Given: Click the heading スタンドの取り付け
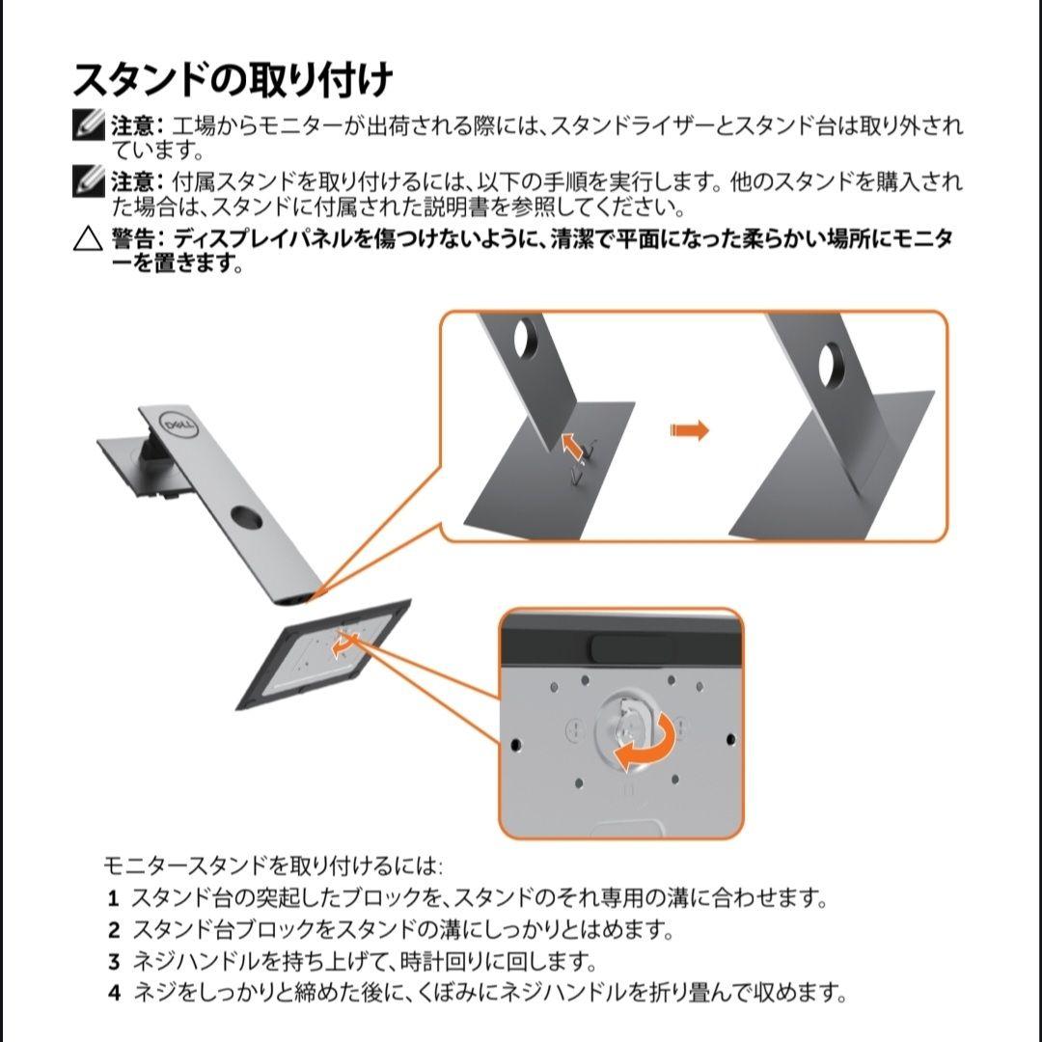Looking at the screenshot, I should [x=233, y=79].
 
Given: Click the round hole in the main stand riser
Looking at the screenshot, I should [x=246, y=518].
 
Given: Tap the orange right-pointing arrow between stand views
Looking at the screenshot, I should [x=689, y=430].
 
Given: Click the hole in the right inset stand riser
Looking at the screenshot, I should [x=833, y=365].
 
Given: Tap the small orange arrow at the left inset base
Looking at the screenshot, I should [x=574, y=446].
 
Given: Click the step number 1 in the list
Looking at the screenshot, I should [x=113, y=899].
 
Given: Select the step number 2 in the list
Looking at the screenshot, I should [x=113, y=931].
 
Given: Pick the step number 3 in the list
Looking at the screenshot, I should [x=113, y=962].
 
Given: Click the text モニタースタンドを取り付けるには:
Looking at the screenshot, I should [x=272, y=865].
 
